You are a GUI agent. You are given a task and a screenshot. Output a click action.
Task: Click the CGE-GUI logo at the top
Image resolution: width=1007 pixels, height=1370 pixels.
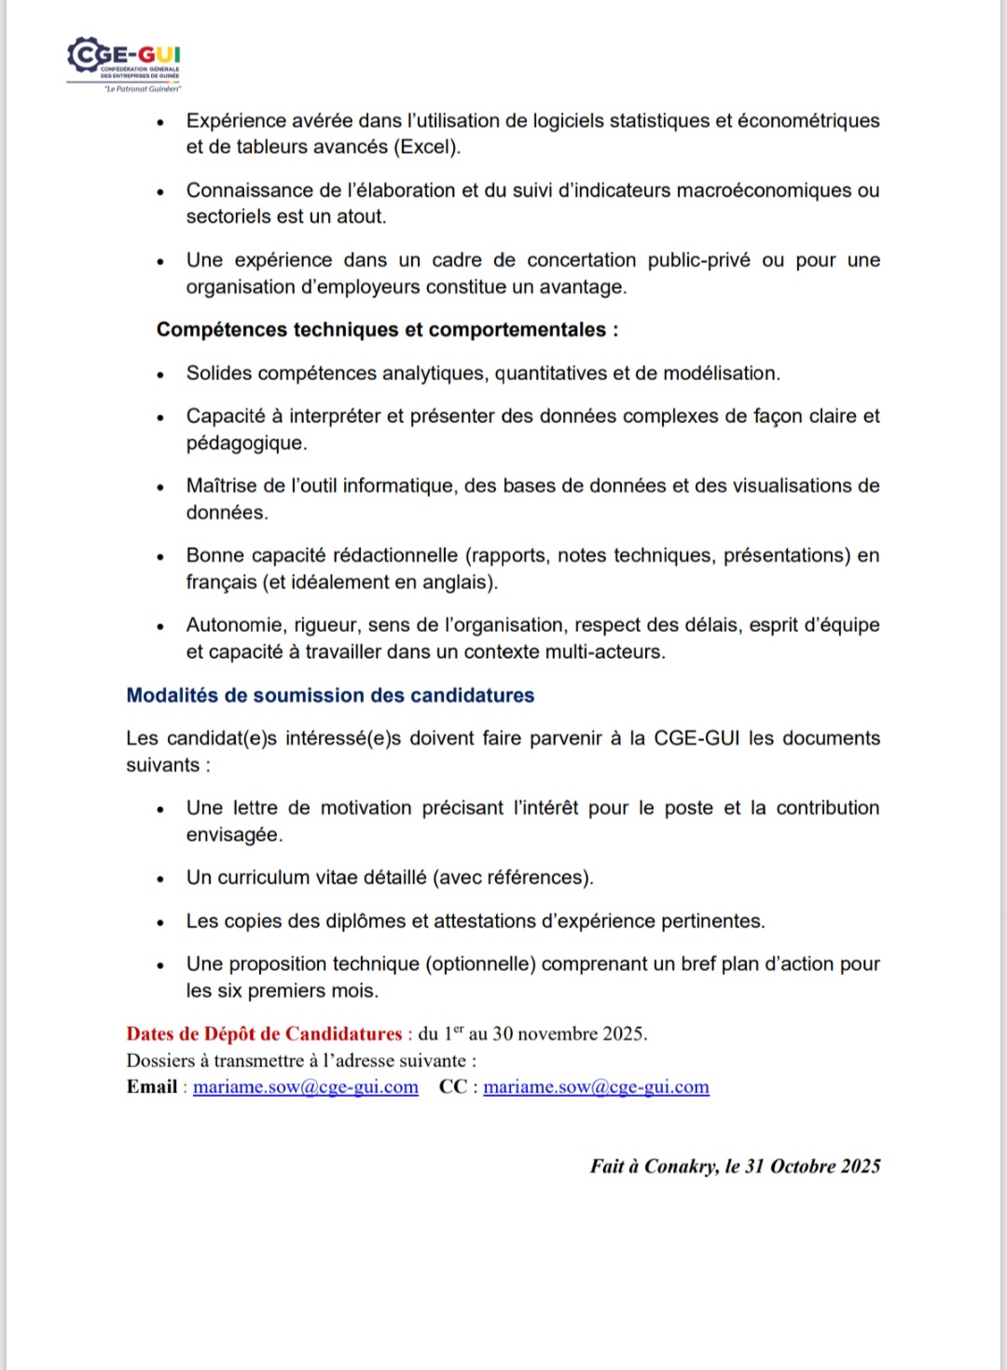click(x=124, y=63)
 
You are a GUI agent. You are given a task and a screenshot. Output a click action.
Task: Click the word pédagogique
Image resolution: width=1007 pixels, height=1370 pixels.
click(x=245, y=443)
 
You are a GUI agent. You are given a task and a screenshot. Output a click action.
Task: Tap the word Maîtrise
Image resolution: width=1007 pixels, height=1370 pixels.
click(x=222, y=486)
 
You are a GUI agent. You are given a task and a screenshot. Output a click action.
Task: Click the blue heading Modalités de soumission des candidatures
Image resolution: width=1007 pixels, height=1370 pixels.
click(x=330, y=695)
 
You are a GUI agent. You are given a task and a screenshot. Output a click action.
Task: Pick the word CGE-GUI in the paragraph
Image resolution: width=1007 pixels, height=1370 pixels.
click(x=697, y=738)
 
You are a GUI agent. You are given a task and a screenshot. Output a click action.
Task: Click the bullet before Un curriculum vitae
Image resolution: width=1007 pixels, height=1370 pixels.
click(x=160, y=879)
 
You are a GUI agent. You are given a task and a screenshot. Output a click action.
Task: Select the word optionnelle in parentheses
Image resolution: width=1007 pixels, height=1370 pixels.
click(x=480, y=964)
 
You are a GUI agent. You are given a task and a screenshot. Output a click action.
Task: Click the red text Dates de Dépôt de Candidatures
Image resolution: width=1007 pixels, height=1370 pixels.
click(x=264, y=1034)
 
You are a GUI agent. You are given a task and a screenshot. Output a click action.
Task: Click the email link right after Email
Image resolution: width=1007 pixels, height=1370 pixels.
click(x=306, y=1087)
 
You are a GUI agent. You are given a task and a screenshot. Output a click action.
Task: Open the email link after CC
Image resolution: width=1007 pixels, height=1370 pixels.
click(x=596, y=1087)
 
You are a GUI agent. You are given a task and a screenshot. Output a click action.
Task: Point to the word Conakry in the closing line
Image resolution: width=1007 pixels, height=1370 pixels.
click(x=681, y=1166)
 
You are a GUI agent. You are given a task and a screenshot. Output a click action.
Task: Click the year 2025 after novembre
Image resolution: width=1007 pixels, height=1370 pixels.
click(x=620, y=1034)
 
